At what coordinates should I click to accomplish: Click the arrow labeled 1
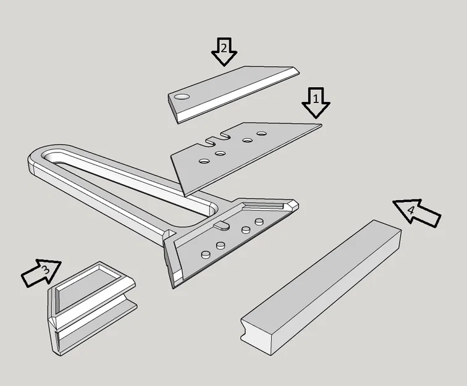[x=316, y=101]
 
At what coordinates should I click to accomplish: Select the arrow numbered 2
[x=224, y=51]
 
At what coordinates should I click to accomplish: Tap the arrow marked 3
[x=41, y=272]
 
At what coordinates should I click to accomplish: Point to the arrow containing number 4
[x=417, y=212]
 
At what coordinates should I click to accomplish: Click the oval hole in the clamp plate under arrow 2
[x=182, y=96]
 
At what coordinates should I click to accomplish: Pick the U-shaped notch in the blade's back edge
[x=216, y=140]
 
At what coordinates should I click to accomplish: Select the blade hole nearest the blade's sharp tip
[x=261, y=133]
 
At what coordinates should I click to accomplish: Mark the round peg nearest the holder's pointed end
[x=259, y=221]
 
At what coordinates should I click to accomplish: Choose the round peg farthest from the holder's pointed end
[x=205, y=254]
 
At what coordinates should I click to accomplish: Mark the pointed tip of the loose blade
[x=321, y=126]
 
